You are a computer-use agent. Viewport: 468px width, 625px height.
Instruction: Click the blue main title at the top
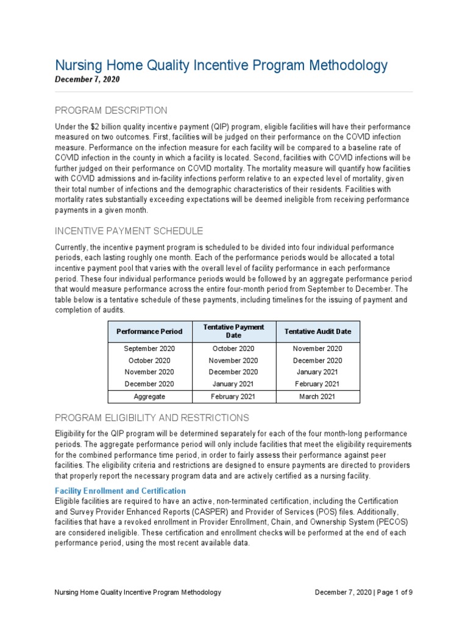pyautogui.click(x=221, y=65)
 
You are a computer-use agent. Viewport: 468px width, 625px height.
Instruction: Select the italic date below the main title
pyautogui.click(x=87, y=80)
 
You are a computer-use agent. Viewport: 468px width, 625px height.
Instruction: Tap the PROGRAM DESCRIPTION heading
pyautogui.click(x=111, y=110)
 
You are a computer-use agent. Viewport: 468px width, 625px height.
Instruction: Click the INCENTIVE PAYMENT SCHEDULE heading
pyautogui.click(x=129, y=231)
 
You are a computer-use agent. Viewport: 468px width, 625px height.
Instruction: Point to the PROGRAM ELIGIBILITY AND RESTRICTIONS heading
pyautogui.click(x=152, y=418)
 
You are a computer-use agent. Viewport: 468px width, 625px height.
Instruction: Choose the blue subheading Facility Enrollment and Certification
pyautogui.click(x=120, y=491)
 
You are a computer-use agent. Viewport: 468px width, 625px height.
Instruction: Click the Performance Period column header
pyautogui.click(x=149, y=331)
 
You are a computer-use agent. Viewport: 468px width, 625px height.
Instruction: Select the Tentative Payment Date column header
pyautogui.click(x=233, y=331)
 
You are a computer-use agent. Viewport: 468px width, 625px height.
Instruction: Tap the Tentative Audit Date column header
pyautogui.click(x=317, y=331)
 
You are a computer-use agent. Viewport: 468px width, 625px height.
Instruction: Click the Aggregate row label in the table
pyautogui.click(x=149, y=397)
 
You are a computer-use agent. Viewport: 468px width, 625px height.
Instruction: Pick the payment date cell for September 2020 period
pyautogui.click(x=233, y=349)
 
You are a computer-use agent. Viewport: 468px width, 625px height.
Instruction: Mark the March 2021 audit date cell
pyautogui.click(x=317, y=397)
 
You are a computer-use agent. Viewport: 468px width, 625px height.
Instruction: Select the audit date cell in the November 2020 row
pyautogui.click(x=317, y=372)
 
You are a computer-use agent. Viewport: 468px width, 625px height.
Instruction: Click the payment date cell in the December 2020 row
pyautogui.click(x=233, y=384)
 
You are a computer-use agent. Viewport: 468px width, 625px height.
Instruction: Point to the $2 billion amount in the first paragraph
pyautogui.click(x=102, y=126)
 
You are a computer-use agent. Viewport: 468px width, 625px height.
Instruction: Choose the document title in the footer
pyautogui.click(x=138, y=593)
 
